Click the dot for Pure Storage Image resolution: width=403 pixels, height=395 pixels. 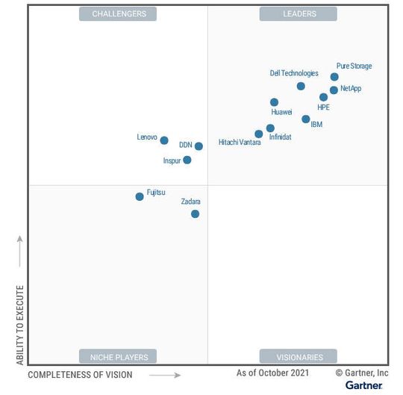coord(334,77)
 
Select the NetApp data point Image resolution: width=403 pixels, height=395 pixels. coord(334,90)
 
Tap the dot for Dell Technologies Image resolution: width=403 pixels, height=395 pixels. coord(301,86)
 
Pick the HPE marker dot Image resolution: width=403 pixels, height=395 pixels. coord(323,97)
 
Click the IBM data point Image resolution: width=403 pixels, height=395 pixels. coord(306,119)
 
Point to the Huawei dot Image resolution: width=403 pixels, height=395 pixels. coord(274,102)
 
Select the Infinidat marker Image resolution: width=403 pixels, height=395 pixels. coord(270,128)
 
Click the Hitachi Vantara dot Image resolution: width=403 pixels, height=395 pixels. coord(259,134)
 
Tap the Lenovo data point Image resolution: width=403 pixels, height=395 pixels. coord(164,140)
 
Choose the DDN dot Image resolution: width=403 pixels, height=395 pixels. coord(199,146)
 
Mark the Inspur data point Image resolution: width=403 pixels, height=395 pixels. coord(187,160)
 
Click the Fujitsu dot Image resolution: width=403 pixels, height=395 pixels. coord(140,196)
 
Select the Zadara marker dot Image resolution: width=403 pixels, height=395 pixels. coord(195,214)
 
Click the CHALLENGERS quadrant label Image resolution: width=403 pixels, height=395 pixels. coord(118,13)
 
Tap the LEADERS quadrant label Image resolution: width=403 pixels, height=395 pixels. coord(298,13)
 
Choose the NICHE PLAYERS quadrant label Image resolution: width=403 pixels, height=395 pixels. coord(118,356)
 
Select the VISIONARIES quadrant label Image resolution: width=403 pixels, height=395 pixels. coord(298,356)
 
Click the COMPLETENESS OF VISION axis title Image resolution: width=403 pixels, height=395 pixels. coord(80,375)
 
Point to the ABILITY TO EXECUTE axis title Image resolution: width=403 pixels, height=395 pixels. coord(20,325)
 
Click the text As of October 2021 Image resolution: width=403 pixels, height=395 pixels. coord(272,373)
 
